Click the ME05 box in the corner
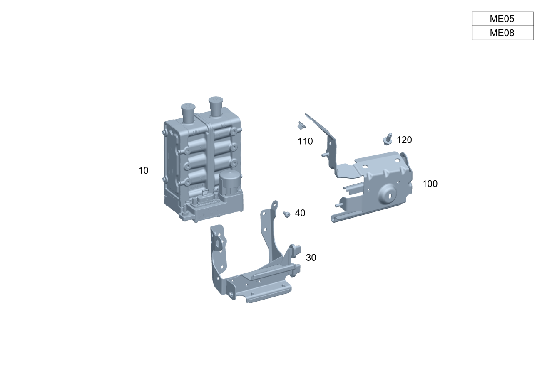tap(503, 19)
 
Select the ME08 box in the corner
tap(503, 33)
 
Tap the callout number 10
tap(144, 170)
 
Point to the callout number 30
tap(311, 258)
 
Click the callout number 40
tap(300, 213)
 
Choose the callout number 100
tap(430, 184)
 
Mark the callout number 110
tap(305, 141)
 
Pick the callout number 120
tap(404, 140)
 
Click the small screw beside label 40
tap(286, 214)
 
